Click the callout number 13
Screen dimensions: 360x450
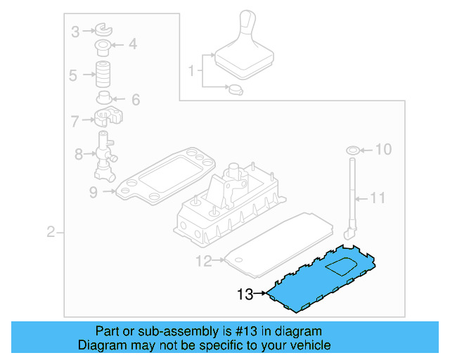[x=244, y=295]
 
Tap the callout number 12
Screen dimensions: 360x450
[x=203, y=262]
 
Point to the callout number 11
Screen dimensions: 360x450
[x=378, y=198]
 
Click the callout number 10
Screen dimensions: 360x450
[x=382, y=149]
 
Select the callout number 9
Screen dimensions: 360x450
[x=94, y=191]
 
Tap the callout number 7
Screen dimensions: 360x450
[x=75, y=122]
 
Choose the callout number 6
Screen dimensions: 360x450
[x=134, y=99]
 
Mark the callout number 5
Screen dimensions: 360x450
[x=73, y=75]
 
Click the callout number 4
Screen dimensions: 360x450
[x=132, y=46]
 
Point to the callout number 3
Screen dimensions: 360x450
[x=75, y=30]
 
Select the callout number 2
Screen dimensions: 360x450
[x=51, y=232]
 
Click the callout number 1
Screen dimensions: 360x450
[x=191, y=70]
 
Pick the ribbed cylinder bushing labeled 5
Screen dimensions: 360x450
[x=105, y=74]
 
